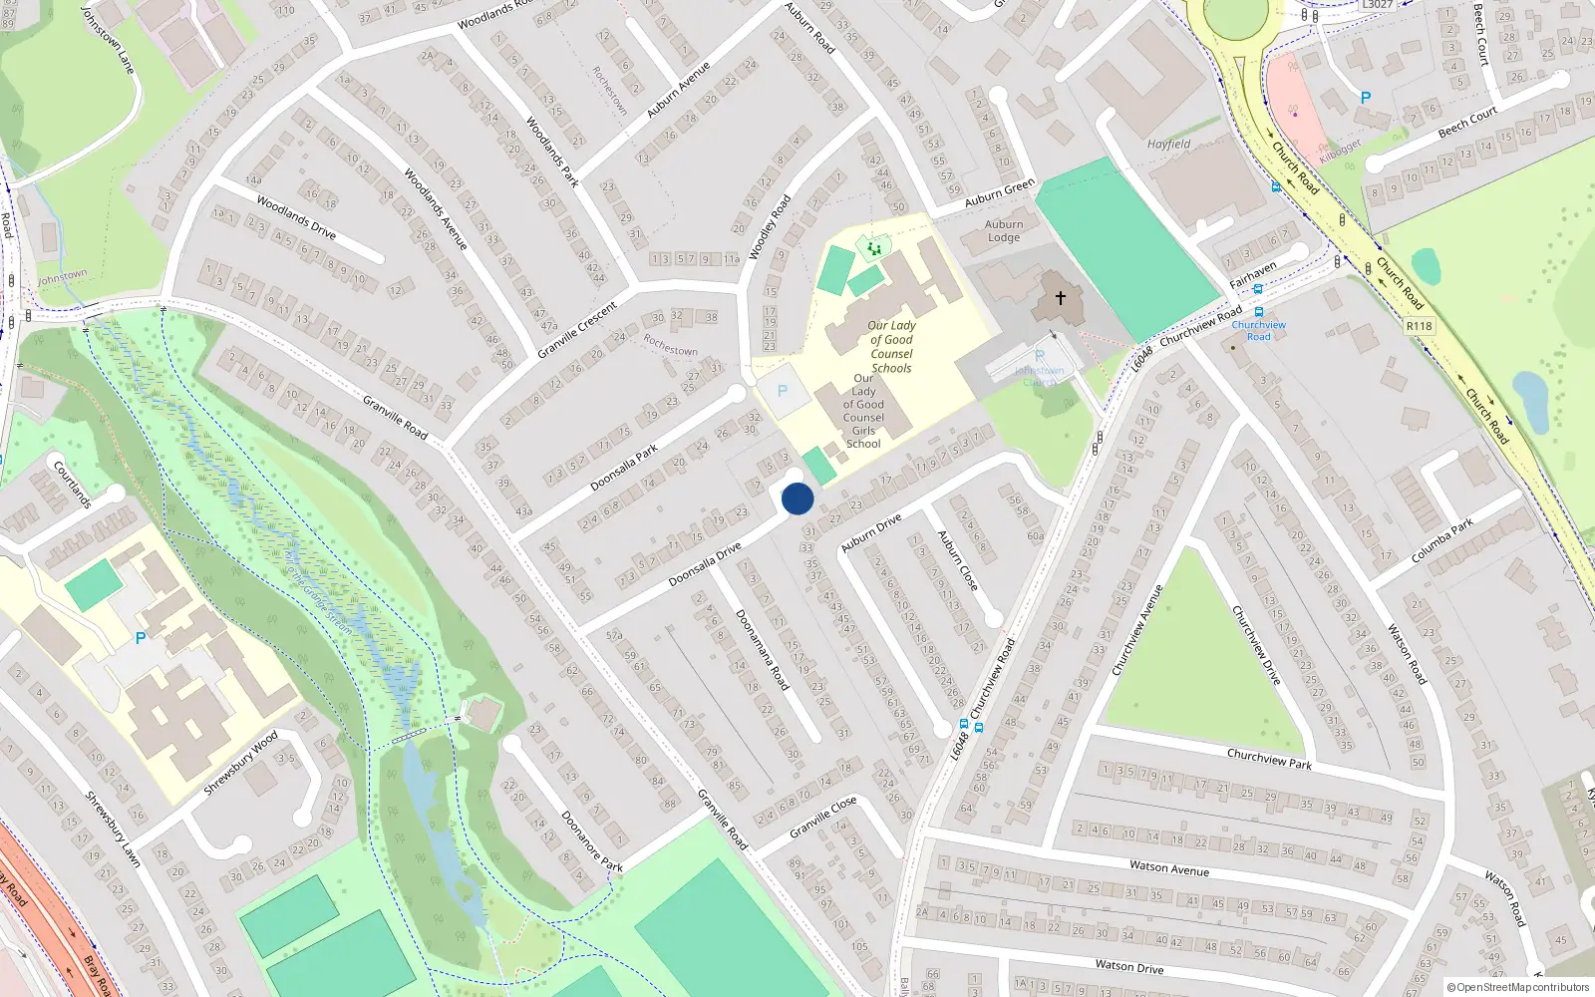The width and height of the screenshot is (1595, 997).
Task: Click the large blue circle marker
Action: click(x=797, y=498)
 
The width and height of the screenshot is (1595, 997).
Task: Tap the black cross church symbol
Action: click(x=1061, y=297)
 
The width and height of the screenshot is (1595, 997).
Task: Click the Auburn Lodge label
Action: click(x=1004, y=231)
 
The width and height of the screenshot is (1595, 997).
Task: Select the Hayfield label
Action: click(x=1168, y=144)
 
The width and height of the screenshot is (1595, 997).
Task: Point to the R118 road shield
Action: click(x=1419, y=326)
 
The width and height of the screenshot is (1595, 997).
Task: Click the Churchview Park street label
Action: click(x=1269, y=759)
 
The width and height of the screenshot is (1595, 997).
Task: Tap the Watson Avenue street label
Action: click(x=1168, y=867)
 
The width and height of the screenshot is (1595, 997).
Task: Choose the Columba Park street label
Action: click(x=1441, y=541)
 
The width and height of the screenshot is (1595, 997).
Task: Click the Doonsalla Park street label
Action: click(x=624, y=467)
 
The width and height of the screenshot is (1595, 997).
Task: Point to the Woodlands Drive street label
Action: click(x=296, y=216)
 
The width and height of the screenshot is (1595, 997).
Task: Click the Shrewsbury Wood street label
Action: click(x=240, y=764)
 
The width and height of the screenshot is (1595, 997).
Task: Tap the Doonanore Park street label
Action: click(x=591, y=841)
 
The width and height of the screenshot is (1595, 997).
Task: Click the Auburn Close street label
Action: click(x=957, y=559)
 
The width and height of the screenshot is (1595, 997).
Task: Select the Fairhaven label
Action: click(x=1252, y=275)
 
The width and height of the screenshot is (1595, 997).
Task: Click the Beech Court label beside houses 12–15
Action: click(x=1467, y=123)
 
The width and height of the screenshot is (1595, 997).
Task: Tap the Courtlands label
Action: click(x=73, y=484)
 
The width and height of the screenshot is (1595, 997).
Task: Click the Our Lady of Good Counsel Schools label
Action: click(x=891, y=346)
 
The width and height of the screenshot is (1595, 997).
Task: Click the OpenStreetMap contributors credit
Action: click(x=1517, y=987)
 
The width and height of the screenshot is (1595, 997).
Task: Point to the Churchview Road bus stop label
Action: click(x=1258, y=330)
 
